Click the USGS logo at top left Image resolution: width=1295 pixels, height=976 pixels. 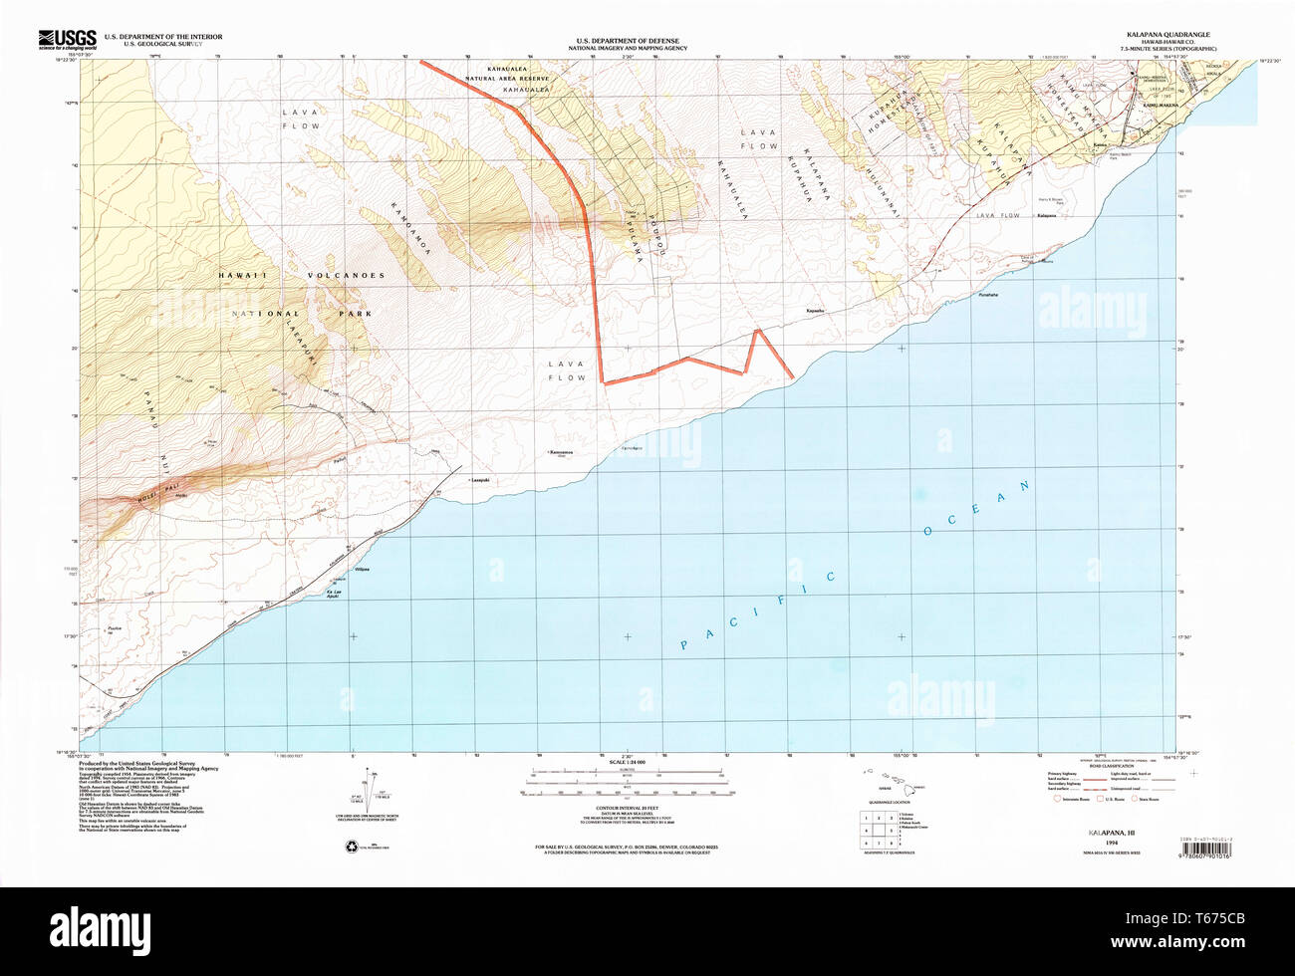click(x=68, y=39)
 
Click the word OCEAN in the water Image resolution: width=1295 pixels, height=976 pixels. click(x=977, y=509)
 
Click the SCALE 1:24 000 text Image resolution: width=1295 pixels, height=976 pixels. click(x=627, y=763)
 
